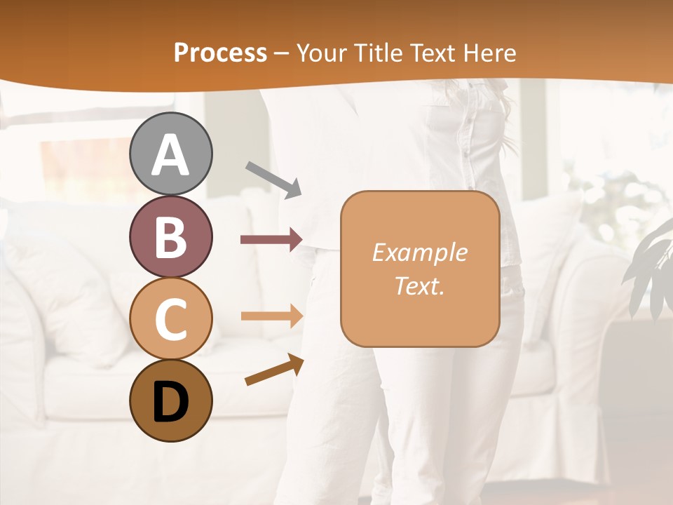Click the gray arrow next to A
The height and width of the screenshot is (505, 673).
273,179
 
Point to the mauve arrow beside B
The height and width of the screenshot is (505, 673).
271,240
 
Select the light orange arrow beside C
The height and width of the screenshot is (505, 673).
271,316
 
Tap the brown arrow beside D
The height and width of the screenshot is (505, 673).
274,370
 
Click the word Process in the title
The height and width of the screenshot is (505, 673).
220,53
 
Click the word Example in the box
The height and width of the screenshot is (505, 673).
419,252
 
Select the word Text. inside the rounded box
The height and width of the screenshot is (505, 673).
419,285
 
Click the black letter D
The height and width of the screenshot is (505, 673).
170,403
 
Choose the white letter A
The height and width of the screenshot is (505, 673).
170,155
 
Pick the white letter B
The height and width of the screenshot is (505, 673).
170,237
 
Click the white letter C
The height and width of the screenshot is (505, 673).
170,319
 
